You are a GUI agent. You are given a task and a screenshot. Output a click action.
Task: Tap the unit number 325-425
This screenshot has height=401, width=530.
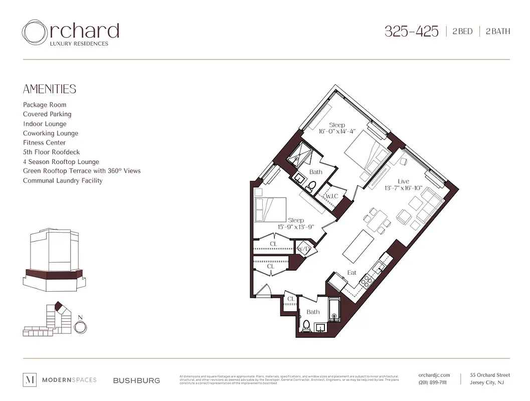[411, 31]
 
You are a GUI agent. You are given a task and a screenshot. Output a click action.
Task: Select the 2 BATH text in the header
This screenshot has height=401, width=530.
[497, 31]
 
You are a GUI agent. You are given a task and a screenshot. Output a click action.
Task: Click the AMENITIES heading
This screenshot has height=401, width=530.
[50, 89]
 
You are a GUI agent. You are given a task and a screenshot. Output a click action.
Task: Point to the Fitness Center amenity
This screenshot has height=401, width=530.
[44, 143]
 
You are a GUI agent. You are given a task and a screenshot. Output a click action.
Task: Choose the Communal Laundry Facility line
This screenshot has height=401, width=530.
[63, 180]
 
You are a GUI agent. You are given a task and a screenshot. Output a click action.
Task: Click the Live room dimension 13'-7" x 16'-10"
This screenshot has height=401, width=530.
[403, 188]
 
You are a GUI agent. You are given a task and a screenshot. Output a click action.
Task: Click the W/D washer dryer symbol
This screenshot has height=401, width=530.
[304, 249]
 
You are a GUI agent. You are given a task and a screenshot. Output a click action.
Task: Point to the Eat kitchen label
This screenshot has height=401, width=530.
[352, 273]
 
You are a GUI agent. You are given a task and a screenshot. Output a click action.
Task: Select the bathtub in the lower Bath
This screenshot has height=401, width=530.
[334, 311]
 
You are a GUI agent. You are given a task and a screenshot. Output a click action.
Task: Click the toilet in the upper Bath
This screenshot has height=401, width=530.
[310, 186]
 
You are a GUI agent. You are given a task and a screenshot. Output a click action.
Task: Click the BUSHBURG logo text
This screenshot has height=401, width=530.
[136, 380]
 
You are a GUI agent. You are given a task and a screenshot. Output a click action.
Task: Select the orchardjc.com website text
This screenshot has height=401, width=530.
[434, 375]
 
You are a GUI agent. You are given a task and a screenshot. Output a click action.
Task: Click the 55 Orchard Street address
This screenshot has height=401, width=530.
[490, 375]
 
